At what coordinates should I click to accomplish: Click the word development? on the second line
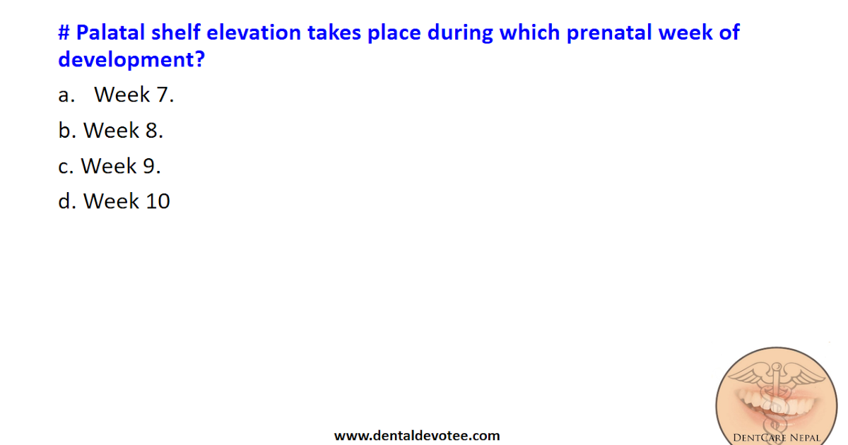click(131, 59)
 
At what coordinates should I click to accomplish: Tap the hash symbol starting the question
click(64, 32)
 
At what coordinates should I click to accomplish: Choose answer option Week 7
click(134, 95)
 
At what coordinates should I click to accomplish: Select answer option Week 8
click(123, 130)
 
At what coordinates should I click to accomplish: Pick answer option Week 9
click(121, 166)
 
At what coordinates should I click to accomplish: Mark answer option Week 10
click(126, 201)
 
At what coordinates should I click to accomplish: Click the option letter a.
click(65, 96)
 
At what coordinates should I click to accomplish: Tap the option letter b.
click(66, 130)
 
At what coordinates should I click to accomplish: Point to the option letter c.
click(65, 167)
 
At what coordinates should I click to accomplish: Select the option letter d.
click(66, 201)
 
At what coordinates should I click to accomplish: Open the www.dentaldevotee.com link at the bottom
click(417, 436)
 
